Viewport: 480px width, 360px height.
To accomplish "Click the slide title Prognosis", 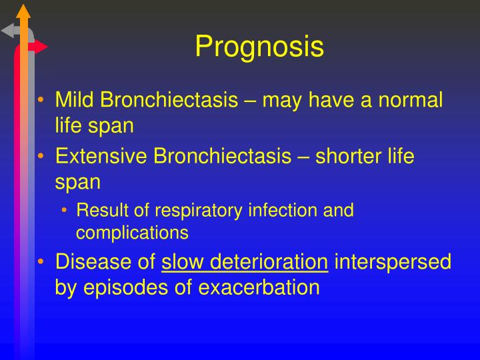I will coord(259,47).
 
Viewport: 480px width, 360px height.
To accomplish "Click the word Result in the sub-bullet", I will coord(98,211).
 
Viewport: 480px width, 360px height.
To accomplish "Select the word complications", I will coord(132,233).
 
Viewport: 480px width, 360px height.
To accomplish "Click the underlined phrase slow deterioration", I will coord(245,262).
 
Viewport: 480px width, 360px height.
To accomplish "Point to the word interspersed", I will coord(393,262).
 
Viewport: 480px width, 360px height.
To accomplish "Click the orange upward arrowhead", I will coord(24,10).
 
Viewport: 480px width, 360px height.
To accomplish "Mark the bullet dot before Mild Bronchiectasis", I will coord(41,101).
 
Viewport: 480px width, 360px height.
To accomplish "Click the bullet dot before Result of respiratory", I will coord(65,211).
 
